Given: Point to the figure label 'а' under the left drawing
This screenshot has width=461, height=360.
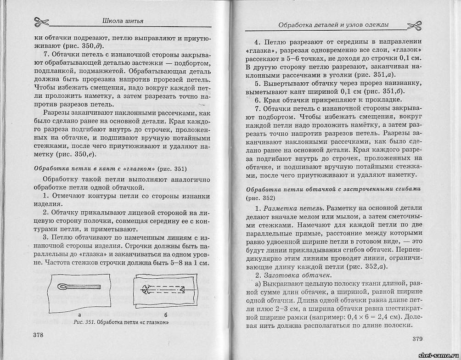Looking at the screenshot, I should pos(79,315).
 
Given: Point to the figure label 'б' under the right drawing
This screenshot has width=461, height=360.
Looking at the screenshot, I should pos(166,315).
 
